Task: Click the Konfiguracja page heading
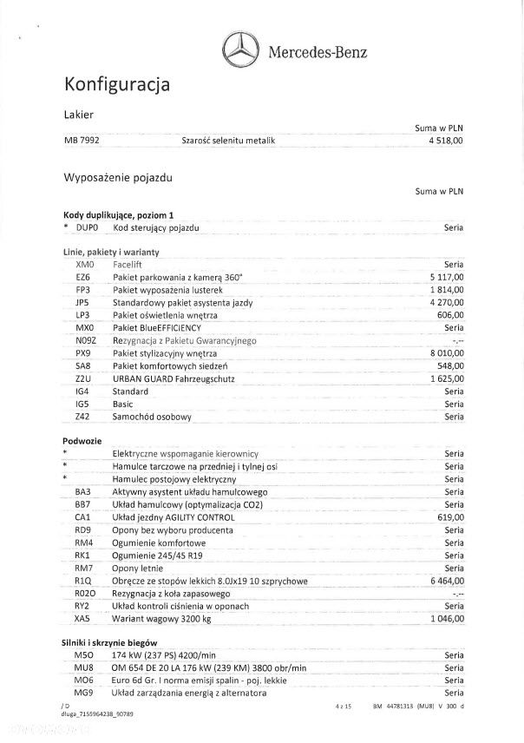tap(117, 84)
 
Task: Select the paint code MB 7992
tap(81, 141)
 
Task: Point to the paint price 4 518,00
tap(445, 141)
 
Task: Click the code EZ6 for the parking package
tap(83, 276)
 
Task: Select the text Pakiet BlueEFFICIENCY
tap(156, 328)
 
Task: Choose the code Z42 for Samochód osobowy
tap(84, 417)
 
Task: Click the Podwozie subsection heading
tap(84, 441)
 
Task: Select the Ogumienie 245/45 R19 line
tap(158, 555)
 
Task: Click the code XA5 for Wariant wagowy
tap(83, 619)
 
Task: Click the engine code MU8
tap(84, 667)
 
